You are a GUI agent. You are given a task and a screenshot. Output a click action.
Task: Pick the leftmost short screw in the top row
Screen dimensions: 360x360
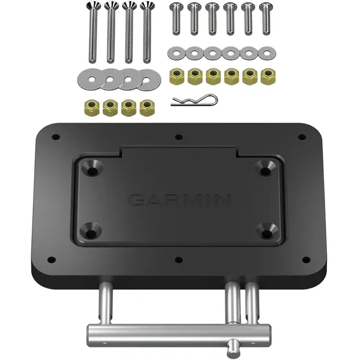(x=175, y=18)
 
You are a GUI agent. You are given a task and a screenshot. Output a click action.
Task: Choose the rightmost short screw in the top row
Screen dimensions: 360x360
(x=265, y=18)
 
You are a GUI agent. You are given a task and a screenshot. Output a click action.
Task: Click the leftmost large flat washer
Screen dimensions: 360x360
(x=89, y=78)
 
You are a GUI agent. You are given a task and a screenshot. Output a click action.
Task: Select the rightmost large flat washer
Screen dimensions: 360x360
(x=149, y=79)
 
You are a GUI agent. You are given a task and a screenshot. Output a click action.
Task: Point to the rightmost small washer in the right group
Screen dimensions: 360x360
(x=265, y=53)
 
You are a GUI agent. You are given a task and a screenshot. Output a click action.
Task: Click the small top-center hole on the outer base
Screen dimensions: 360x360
(x=179, y=137)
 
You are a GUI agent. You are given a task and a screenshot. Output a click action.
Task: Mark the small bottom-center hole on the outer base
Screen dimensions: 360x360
(x=179, y=260)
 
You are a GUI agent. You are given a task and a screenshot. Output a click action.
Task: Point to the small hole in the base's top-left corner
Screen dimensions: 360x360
(x=56, y=137)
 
